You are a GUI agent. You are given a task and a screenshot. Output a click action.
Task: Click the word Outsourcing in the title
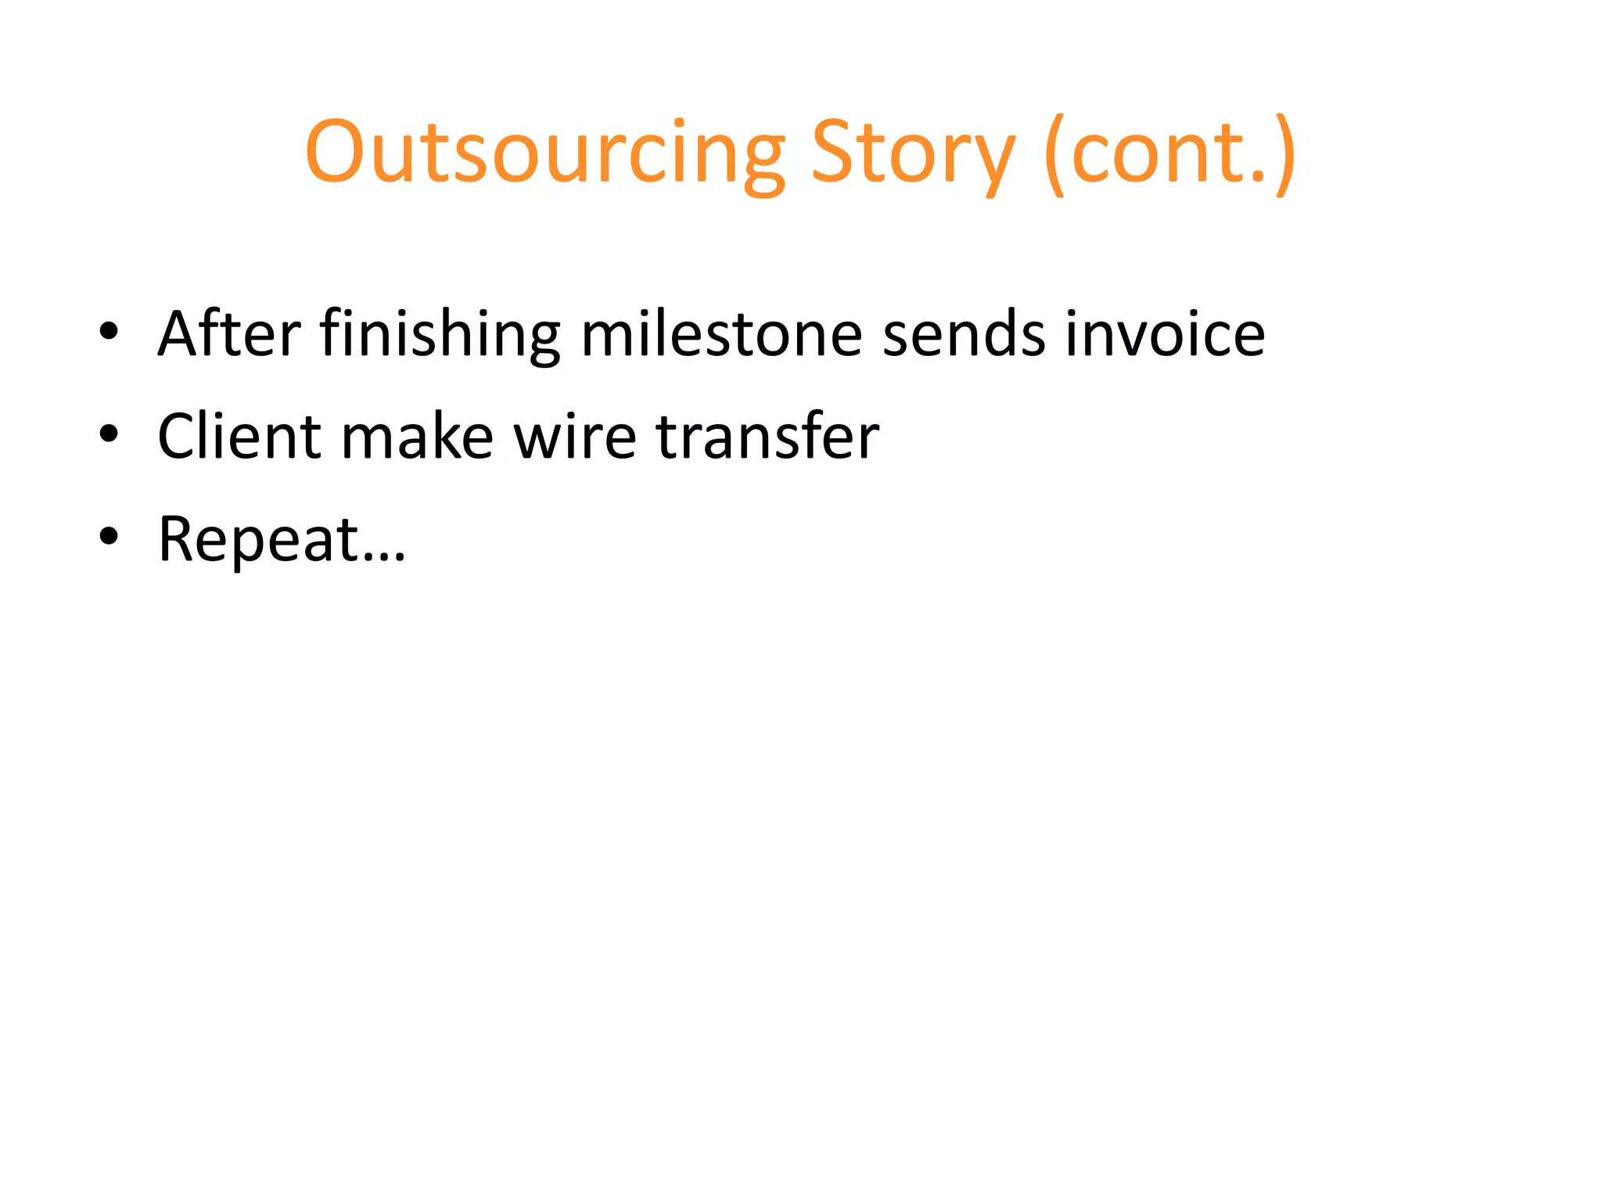pyautogui.click(x=544, y=153)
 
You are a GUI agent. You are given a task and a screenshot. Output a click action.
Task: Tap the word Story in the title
pyautogui.click(x=912, y=153)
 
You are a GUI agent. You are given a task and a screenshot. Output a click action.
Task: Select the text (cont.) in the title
pyautogui.click(x=1170, y=153)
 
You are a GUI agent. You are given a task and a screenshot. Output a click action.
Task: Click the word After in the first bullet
pyautogui.click(x=228, y=333)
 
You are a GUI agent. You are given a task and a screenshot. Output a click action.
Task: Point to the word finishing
pyautogui.click(x=440, y=335)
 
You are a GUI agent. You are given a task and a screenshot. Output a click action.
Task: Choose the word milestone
pyautogui.click(x=721, y=333)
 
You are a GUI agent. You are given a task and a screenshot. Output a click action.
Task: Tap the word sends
pyautogui.click(x=964, y=333)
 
